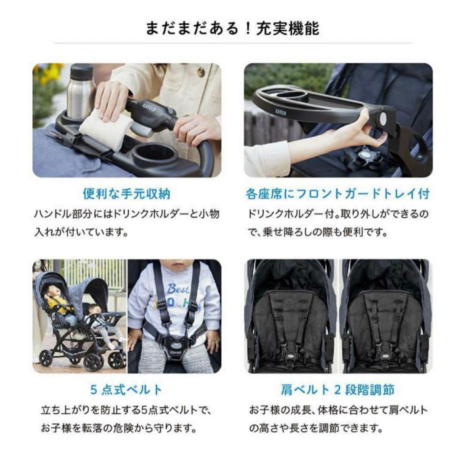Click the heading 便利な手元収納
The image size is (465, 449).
tap(127, 194)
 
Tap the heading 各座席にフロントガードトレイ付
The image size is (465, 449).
tap(338, 194)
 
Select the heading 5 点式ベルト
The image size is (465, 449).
tap(127, 390)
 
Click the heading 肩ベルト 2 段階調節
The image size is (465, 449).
tap(338, 390)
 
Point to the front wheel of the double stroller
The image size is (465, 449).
tap(46, 357)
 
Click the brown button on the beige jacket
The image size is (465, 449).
tap(201, 71)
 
